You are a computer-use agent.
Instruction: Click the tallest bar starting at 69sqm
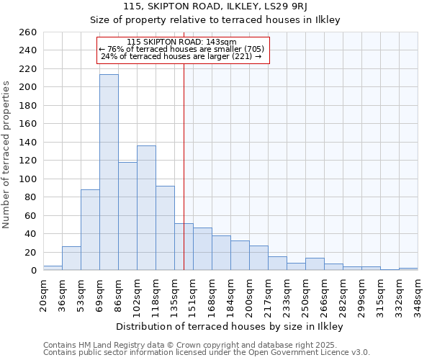tap(109, 173)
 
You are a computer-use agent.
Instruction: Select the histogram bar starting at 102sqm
tap(146, 208)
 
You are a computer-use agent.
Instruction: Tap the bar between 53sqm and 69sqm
tap(90, 230)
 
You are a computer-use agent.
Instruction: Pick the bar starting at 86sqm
tap(127, 216)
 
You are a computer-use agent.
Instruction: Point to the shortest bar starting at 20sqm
tap(53, 268)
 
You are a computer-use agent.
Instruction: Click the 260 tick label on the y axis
tap(28, 32)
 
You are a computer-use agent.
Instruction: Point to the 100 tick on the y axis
tap(28, 179)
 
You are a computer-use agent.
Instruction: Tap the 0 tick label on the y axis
tap(33, 271)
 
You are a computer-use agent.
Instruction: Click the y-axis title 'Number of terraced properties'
tap(7, 155)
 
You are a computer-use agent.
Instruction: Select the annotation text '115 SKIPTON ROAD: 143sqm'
tap(181, 42)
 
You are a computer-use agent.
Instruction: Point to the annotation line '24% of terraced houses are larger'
tap(181, 56)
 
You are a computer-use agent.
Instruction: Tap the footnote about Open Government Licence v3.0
tap(207, 352)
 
